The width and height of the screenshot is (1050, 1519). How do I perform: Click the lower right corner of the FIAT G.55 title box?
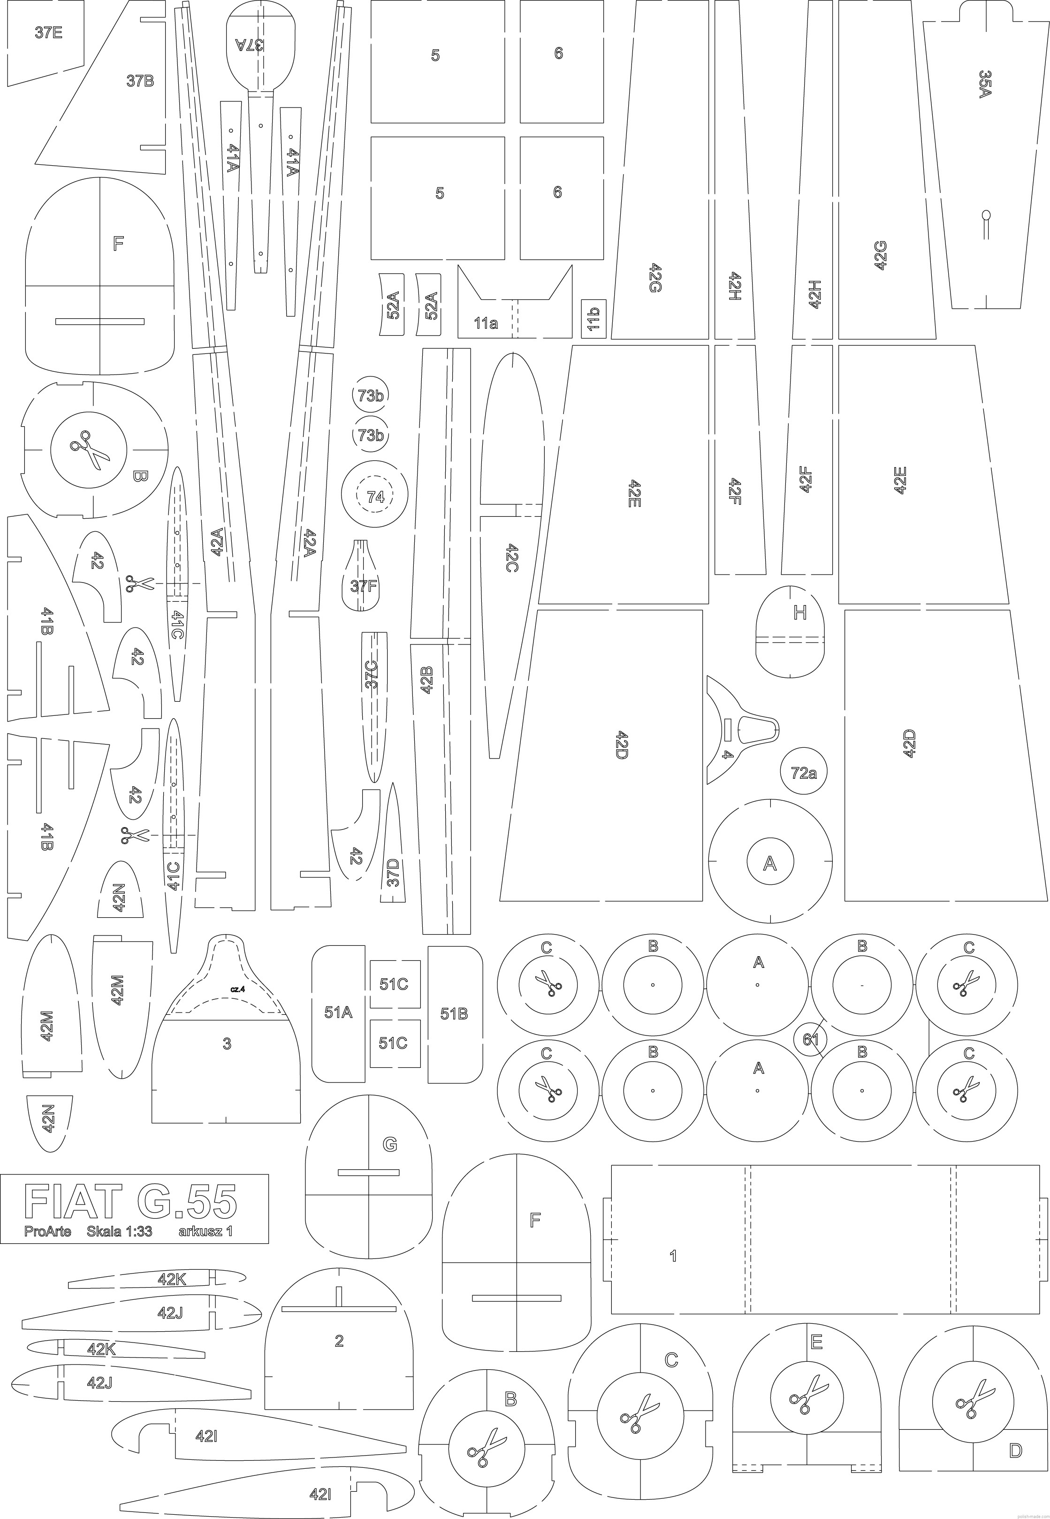[268, 1243]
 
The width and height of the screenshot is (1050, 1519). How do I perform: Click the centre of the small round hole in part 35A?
[986, 214]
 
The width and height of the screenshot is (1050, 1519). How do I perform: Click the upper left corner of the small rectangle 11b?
[582, 300]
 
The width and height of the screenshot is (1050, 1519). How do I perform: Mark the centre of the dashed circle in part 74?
[374, 496]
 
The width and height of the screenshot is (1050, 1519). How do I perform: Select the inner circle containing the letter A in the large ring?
[770, 862]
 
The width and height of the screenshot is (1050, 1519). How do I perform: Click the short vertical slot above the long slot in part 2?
[339, 1296]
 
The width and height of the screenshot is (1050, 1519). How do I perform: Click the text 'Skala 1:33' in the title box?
[120, 1231]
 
